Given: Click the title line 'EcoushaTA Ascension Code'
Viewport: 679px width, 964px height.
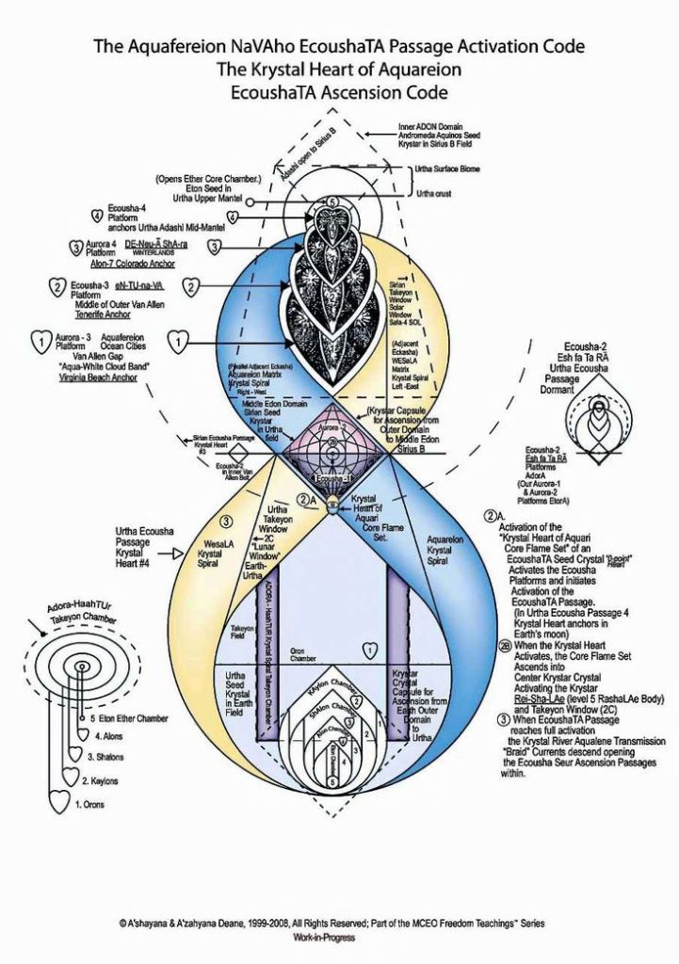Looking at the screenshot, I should (339, 92).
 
